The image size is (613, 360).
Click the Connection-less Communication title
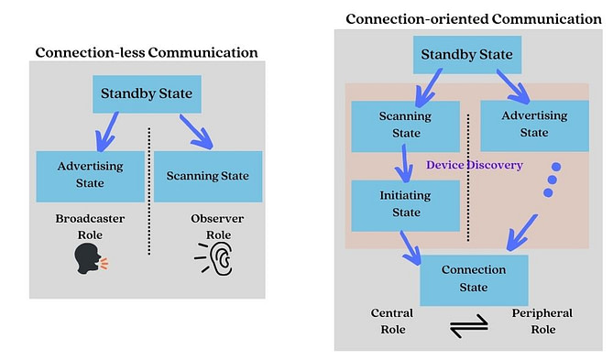146,52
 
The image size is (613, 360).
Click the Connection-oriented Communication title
474,18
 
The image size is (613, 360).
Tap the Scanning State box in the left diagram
210,176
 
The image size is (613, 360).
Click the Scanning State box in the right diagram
405,125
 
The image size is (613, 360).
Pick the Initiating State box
405,205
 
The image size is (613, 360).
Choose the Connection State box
474,279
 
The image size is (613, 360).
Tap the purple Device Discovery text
475,165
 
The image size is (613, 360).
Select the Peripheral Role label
541,322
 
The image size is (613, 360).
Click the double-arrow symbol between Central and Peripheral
469,328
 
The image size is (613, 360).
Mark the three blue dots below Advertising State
550,180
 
